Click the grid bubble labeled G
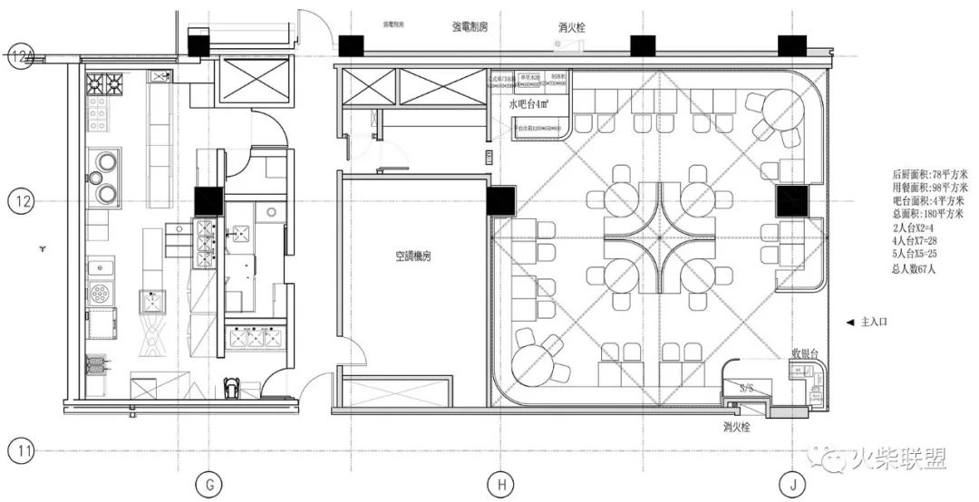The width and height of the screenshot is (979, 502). tap(209, 485)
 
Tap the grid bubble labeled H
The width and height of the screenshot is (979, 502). tap(500, 485)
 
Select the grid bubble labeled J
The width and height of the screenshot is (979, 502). tap(792, 485)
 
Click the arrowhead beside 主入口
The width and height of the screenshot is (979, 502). tap(848, 322)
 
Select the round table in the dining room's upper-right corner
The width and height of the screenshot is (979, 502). tap(780, 111)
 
